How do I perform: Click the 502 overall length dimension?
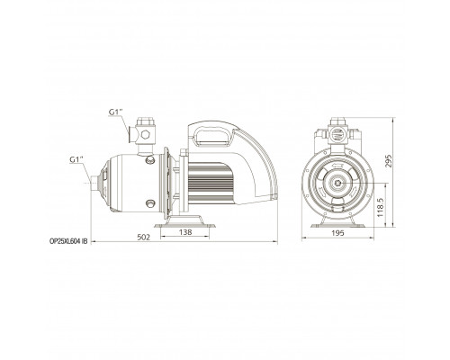click(x=143, y=238)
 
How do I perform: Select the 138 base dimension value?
click(x=185, y=232)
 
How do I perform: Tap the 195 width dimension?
click(x=338, y=233)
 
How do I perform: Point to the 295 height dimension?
click(x=389, y=162)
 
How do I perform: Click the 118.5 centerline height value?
click(x=380, y=207)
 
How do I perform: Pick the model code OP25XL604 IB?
click(x=68, y=241)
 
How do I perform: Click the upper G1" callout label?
click(x=116, y=112)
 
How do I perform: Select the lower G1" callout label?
click(x=76, y=160)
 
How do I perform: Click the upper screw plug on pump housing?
click(x=150, y=160)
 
